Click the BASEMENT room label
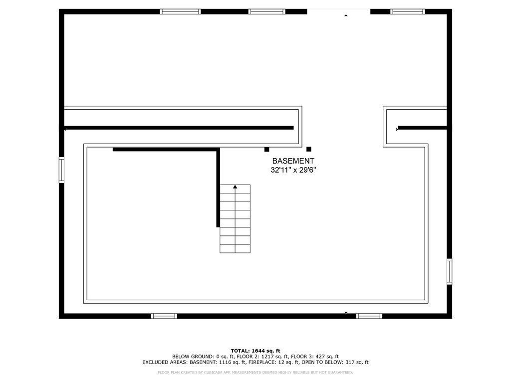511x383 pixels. [x=293, y=161]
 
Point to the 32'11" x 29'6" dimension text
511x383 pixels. [x=293, y=170]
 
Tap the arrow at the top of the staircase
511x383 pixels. [x=235, y=187]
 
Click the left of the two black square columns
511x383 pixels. [x=266, y=149]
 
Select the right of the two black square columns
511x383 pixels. [x=308, y=149]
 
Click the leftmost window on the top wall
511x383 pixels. [x=180, y=12]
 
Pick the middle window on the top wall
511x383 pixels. [x=267, y=12]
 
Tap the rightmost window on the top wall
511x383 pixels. [x=408, y=12]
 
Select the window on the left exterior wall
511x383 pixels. [x=61, y=170]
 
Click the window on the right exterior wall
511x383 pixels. [x=450, y=272]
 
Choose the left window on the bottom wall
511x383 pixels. [x=164, y=316]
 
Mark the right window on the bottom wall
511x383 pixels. [x=369, y=316]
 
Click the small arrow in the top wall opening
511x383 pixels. [x=346, y=15]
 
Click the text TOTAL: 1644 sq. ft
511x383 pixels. [x=255, y=351]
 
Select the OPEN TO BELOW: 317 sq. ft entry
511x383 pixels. [x=335, y=362]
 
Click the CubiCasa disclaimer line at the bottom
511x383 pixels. [x=255, y=372]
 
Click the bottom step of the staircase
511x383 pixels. [x=235, y=248]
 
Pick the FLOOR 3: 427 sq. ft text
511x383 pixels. [x=315, y=357]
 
